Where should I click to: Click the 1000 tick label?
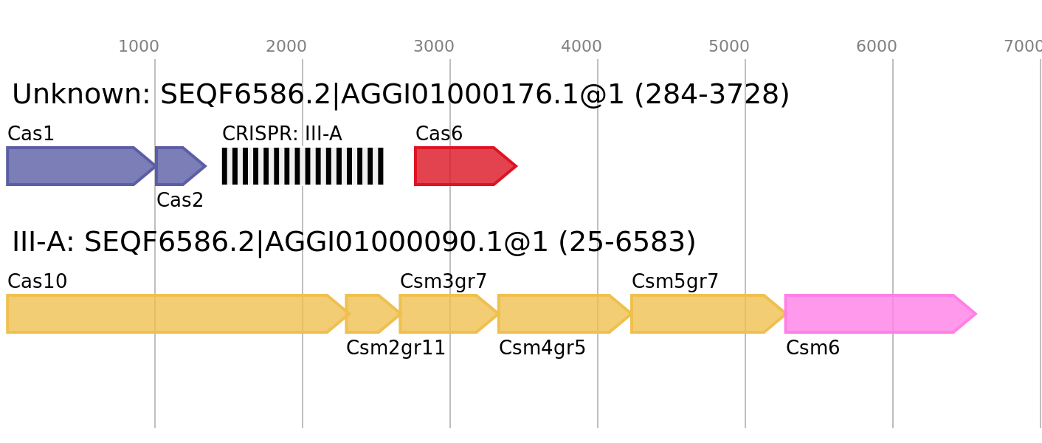(x=139, y=47)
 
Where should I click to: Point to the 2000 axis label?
(x=286, y=47)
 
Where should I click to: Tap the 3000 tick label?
(x=434, y=47)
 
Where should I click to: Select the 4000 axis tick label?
(x=582, y=47)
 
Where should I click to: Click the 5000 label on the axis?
(x=729, y=47)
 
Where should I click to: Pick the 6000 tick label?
(x=877, y=47)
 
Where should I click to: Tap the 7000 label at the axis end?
(x=1023, y=47)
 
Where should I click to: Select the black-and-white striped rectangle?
(x=303, y=166)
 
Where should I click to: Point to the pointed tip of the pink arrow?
(x=976, y=314)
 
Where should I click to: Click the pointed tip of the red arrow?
(x=517, y=166)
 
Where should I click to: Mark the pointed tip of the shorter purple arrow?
(x=205, y=166)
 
